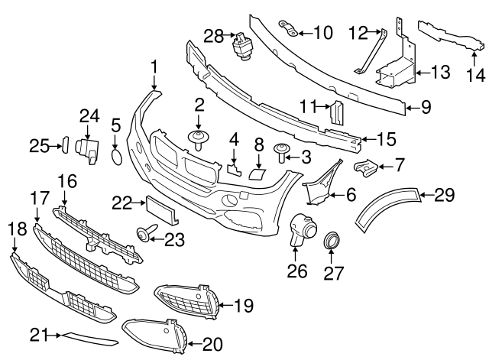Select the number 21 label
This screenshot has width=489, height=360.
point(38,334)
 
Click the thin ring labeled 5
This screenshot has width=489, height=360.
point(116,157)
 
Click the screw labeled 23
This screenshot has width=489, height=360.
point(144,232)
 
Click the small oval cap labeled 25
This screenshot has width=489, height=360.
point(64,144)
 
